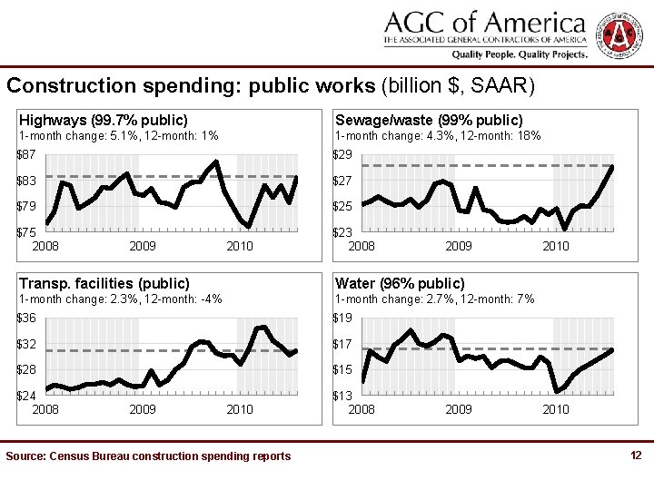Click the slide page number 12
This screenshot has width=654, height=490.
[x=636, y=455]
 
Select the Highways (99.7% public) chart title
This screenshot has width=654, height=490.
[x=104, y=120]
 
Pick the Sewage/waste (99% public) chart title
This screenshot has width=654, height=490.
[x=429, y=120]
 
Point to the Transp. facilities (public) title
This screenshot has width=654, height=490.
[x=104, y=283]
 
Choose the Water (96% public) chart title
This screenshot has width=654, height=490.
[x=400, y=283]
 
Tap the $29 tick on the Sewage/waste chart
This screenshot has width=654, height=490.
[x=343, y=155]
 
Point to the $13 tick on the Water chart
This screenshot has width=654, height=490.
[x=343, y=396]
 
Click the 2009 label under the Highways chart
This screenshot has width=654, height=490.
[x=143, y=246]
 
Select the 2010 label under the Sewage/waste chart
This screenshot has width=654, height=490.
[x=556, y=246]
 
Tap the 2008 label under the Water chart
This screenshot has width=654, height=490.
[x=362, y=409]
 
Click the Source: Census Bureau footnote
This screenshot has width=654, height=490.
[x=148, y=456]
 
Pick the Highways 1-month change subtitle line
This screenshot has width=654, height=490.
[x=119, y=136]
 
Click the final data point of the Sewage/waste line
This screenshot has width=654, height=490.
[x=612, y=167]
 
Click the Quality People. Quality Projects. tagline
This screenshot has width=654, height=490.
[x=520, y=54]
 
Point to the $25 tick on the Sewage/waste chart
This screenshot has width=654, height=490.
[x=343, y=206]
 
